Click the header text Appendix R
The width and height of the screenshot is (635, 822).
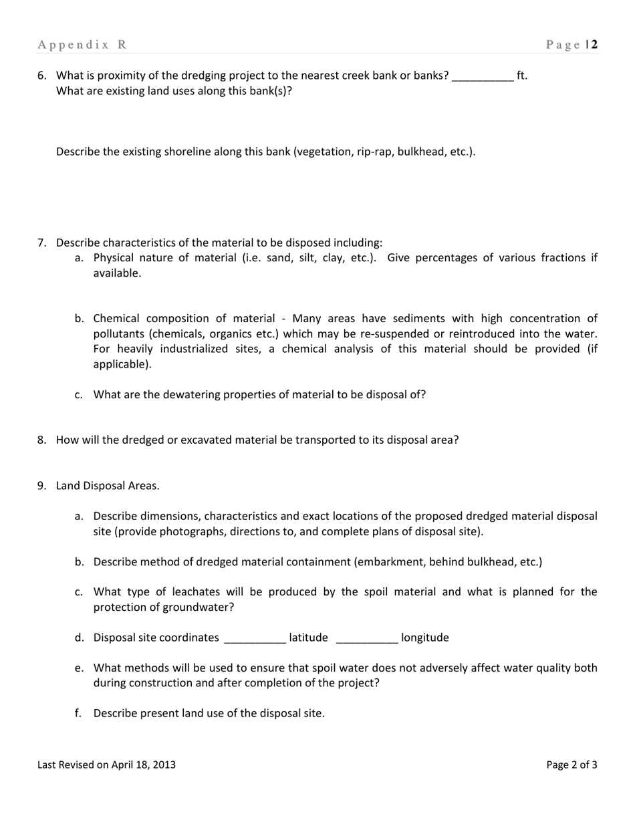[x=82, y=45]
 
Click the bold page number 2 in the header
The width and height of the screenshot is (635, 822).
[x=594, y=45]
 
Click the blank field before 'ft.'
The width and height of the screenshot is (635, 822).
[x=483, y=76]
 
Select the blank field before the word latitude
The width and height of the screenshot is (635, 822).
[x=255, y=638]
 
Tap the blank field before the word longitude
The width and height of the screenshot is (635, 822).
[x=368, y=638]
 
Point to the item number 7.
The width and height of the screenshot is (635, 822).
[x=41, y=243]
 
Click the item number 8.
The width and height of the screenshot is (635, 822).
[x=41, y=440]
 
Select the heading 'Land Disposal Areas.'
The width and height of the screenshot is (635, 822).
[x=108, y=486]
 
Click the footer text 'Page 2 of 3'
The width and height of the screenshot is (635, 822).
[x=571, y=765]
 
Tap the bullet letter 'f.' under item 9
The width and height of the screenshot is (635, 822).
[x=79, y=713]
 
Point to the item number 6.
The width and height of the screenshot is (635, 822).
[x=41, y=76]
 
